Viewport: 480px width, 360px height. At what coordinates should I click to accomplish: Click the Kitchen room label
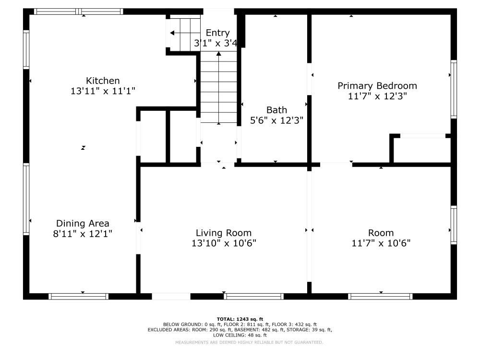coord(103,81)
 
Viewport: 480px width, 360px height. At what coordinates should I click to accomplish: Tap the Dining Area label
coord(83,224)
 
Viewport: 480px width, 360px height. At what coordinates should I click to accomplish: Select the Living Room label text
coord(224,233)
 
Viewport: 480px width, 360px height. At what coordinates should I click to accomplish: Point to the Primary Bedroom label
coord(377,86)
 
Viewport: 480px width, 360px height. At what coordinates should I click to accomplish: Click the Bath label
coord(277,110)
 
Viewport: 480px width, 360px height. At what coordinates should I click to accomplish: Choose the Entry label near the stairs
coord(217,33)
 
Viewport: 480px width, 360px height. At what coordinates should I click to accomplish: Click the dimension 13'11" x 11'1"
coord(103,91)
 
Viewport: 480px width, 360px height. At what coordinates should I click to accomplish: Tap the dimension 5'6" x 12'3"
coord(277,120)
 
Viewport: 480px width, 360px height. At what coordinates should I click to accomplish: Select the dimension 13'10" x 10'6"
coord(224,243)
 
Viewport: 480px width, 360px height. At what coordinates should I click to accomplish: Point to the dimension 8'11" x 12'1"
coord(83,234)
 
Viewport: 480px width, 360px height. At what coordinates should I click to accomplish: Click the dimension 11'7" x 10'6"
coord(381,243)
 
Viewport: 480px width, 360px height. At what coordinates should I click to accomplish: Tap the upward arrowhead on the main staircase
coord(218,54)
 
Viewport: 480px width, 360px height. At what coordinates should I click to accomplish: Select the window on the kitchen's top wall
coord(78,12)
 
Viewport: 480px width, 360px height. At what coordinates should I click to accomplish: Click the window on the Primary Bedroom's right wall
coord(454,89)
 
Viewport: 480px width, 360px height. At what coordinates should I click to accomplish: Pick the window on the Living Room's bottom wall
coord(253,296)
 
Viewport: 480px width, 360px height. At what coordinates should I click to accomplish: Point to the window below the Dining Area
coord(78,296)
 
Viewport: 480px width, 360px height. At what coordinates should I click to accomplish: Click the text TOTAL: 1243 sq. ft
coord(240,319)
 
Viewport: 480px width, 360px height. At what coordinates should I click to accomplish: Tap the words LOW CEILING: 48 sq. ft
coord(240,335)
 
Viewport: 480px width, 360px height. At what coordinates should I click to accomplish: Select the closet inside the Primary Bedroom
coord(422,150)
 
